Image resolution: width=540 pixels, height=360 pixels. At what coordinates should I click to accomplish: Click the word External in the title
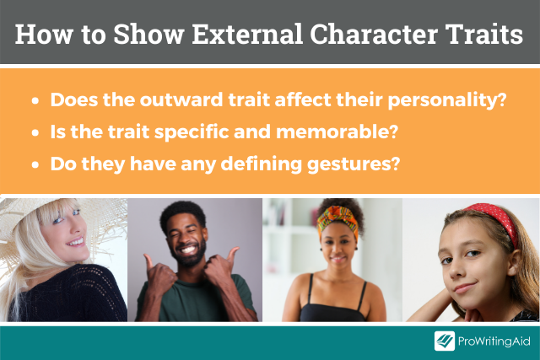point(247,34)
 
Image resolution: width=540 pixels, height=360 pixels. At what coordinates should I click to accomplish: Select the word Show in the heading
point(148,34)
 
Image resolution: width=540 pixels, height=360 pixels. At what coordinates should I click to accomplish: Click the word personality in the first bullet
point(447,100)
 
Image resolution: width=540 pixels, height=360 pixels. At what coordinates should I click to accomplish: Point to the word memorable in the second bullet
point(337,132)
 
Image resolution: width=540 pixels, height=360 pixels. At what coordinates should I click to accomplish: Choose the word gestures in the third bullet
point(354,164)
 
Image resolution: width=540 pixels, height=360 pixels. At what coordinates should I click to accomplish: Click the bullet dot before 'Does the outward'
point(35,101)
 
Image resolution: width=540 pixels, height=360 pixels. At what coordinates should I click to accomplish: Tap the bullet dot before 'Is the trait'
point(35,132)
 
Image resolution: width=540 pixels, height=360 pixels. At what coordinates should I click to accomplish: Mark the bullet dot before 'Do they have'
point(35,164)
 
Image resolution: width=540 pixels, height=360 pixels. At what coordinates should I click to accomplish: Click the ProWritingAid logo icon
point(445,341)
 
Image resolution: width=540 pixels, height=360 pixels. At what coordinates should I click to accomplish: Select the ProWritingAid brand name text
point(494,341)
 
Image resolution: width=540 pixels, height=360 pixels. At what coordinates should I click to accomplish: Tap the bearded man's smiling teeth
point(188,249)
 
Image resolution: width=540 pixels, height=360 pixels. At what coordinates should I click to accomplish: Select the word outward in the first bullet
point(181,99)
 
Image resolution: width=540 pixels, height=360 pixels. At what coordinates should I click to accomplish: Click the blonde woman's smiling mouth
point(76,242)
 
